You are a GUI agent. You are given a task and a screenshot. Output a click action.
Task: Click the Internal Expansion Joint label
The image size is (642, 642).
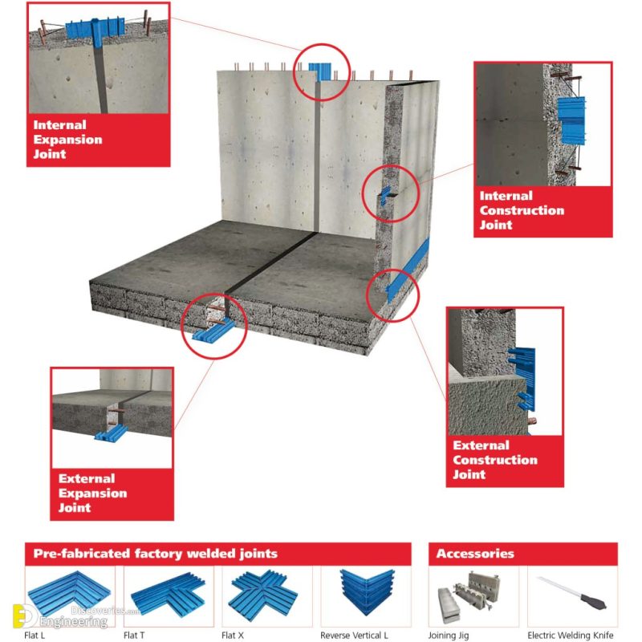click(x=67, y=140)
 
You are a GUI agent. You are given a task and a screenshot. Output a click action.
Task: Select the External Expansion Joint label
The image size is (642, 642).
click(x=92, y=493)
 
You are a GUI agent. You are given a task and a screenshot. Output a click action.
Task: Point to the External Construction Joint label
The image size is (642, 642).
click(x=494, y=460)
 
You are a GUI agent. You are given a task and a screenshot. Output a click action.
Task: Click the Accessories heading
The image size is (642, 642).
click(x=474, y=554)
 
